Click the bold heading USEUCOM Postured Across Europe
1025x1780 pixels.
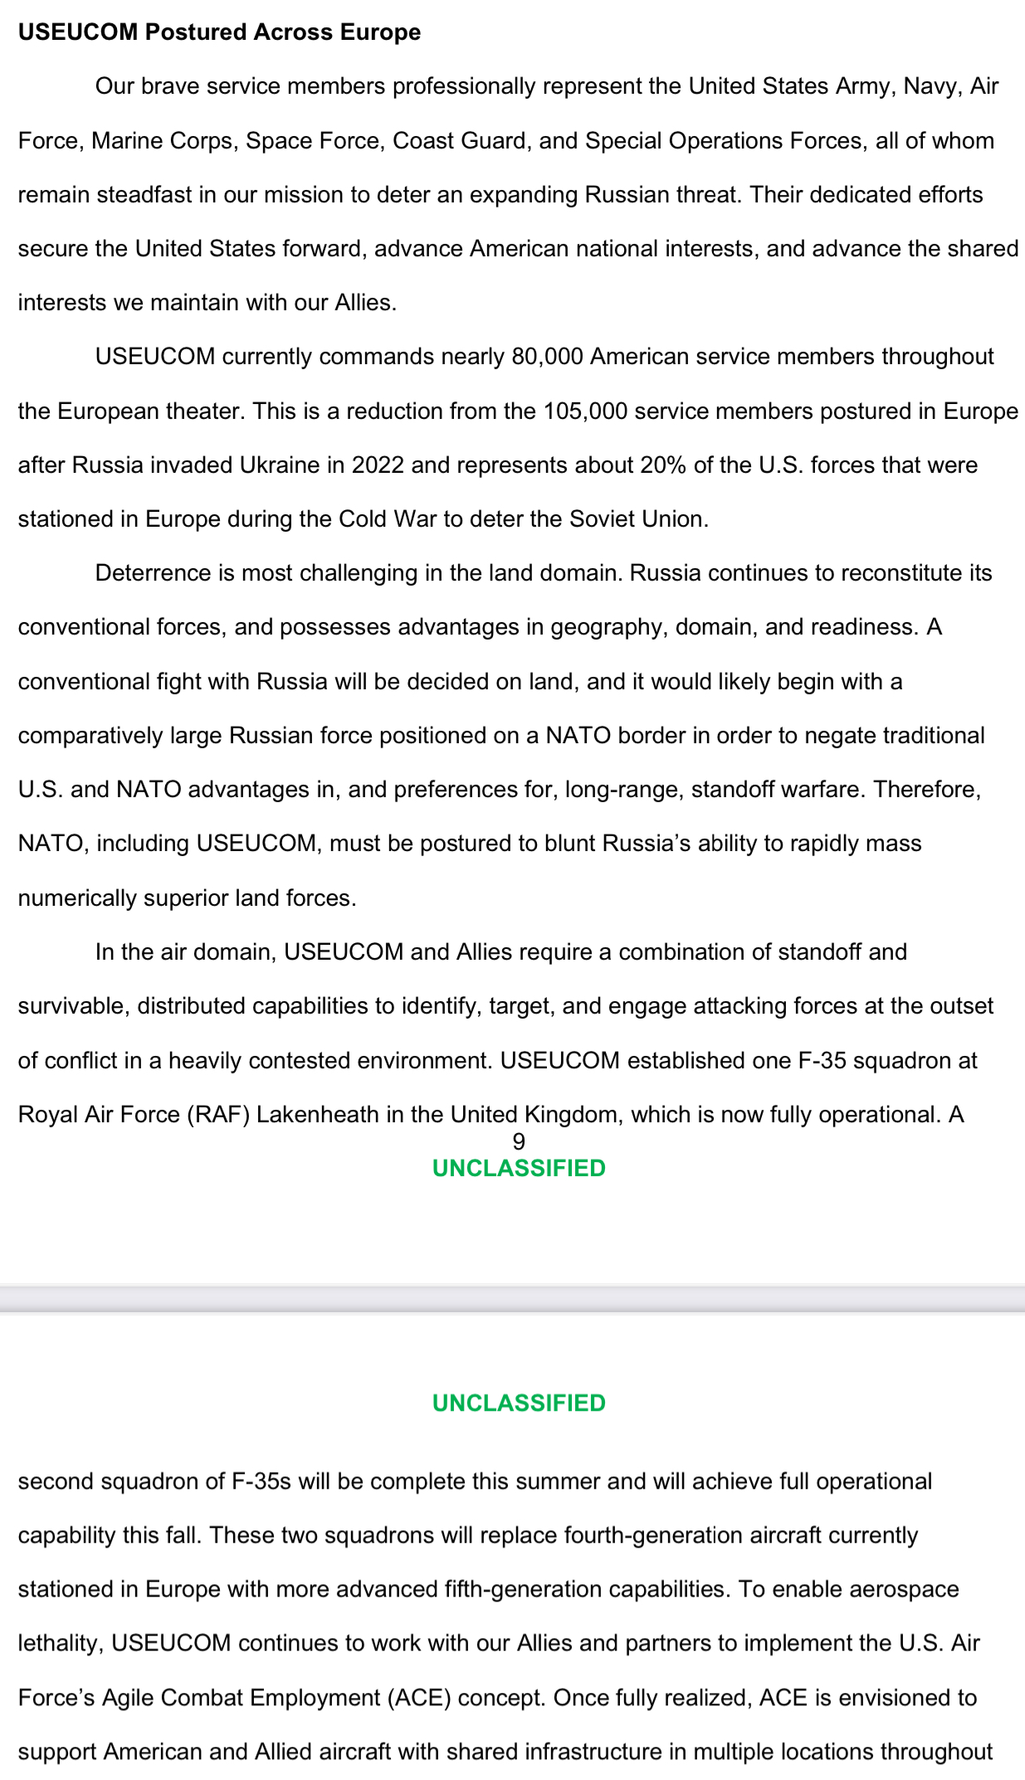[x=219, y=32]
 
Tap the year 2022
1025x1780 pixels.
[x=378, y=465]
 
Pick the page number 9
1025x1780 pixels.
[x=519, y=1142]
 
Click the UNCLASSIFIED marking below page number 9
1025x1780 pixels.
[x=519, y=1169]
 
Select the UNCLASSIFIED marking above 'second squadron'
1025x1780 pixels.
[x=519, y=1403]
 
